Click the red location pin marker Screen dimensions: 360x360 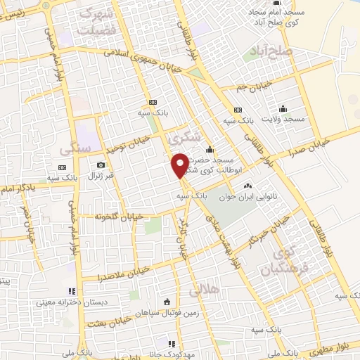point(180,165)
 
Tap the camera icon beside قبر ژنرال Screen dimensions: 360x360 point(101,165)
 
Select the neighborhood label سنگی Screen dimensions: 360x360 point(75,148)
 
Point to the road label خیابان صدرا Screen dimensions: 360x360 point(323,138)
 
